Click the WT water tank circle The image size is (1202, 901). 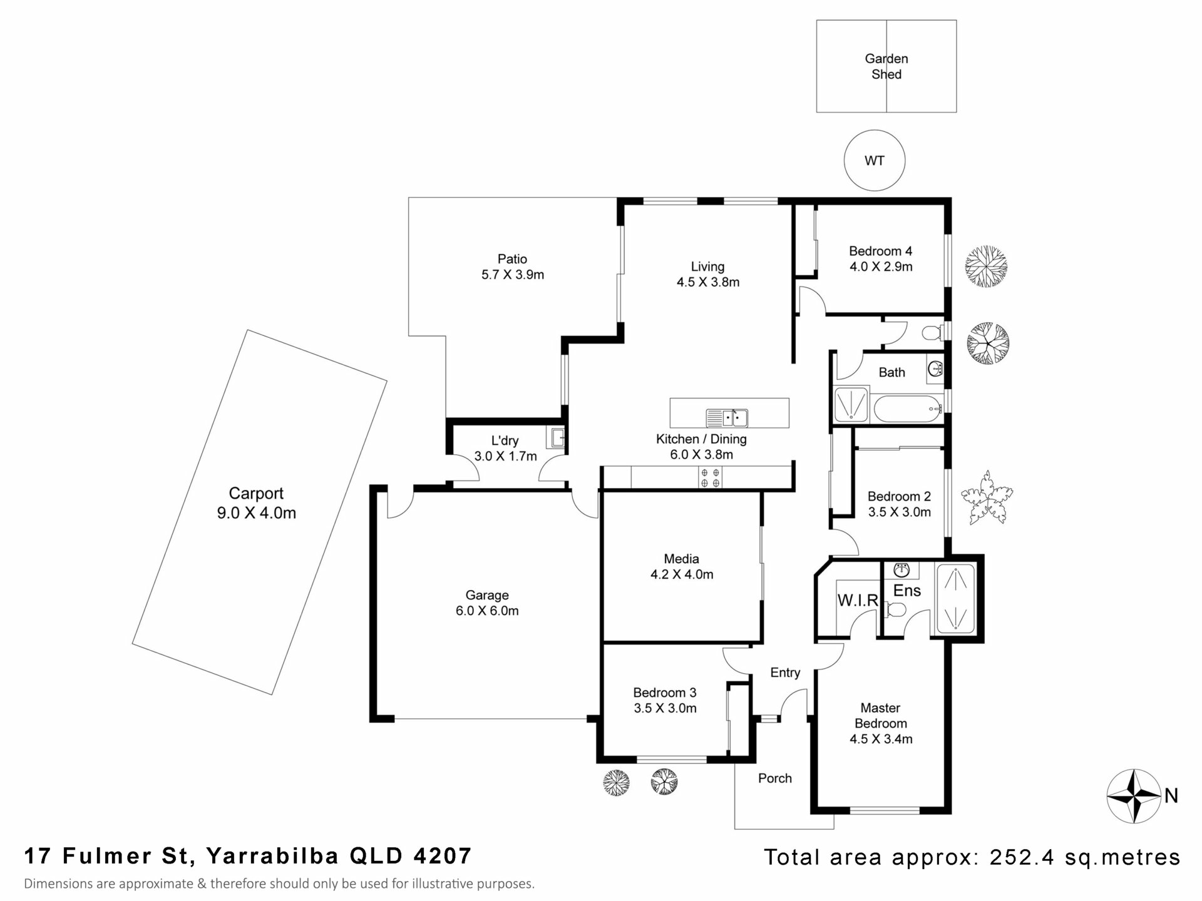coord(874,161)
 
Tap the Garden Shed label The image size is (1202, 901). coord(886,66)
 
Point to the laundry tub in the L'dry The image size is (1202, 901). coord(556,437)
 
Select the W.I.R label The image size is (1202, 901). coord(858,601)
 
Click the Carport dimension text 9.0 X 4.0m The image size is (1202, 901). coord(256,513)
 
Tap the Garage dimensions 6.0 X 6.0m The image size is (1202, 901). coord(487,611)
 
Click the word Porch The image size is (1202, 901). coord(775,778)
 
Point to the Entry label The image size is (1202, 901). coord(785,673)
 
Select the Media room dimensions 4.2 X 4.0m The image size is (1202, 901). coord(682,574)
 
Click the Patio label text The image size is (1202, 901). coord(512,259)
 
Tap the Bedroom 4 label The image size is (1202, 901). coord(880,251)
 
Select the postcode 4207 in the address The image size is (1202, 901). coord(443,855)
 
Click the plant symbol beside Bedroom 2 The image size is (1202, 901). coord(987,497)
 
